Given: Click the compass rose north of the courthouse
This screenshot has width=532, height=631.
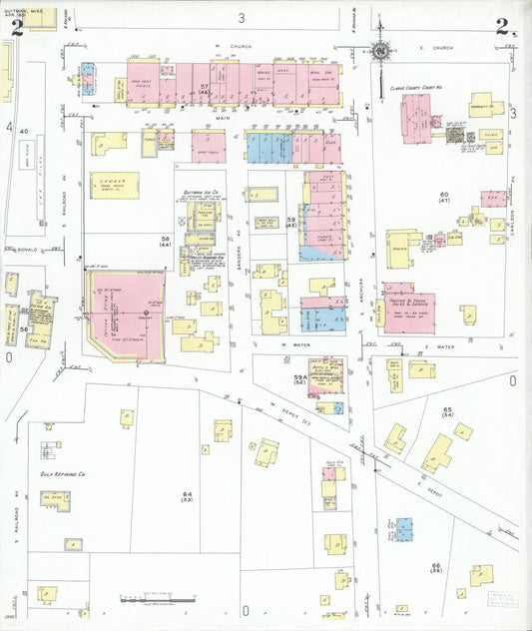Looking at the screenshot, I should [x=379, y=51].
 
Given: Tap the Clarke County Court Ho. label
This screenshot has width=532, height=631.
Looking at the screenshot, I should [x=415, y=88].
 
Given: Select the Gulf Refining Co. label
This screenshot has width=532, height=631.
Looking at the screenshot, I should [x=60, y=475].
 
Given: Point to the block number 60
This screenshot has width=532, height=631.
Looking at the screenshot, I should [x=444, y=194].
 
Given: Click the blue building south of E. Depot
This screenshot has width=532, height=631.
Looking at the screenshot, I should [x=403, y=529].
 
